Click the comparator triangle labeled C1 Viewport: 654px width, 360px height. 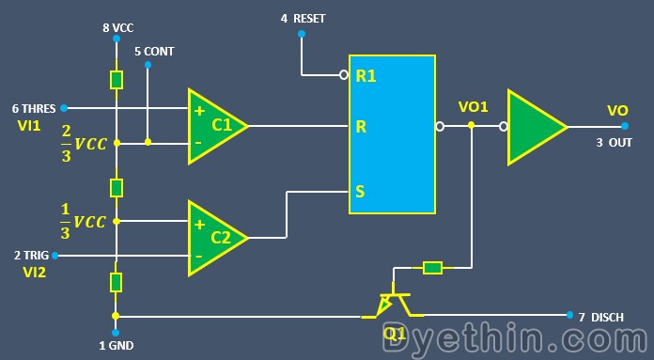click(x=214, y=125)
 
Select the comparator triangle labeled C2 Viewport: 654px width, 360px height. click(x=214, y=238)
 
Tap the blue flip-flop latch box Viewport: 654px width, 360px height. click(x=392, y=134)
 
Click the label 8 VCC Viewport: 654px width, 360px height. click(x=117, y=28)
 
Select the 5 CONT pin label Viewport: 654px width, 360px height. click(x=154, y=52)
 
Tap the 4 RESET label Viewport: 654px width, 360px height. click(x=303, y=19)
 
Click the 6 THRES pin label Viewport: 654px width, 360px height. click(x=34, y=108)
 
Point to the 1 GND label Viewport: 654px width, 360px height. click(x=117, y=346)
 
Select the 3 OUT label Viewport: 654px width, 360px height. click(x=614, y=143)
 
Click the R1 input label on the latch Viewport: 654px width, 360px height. click(x=366, y=76)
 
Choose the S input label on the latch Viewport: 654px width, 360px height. click(x=359, y=193)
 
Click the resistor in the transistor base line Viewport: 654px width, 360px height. click(x=431, y=268)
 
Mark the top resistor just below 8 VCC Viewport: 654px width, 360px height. click(x=116, y=80)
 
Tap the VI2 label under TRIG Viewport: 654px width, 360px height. click(x=35, y=273)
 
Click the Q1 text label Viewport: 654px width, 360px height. click(x=394, y=332)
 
